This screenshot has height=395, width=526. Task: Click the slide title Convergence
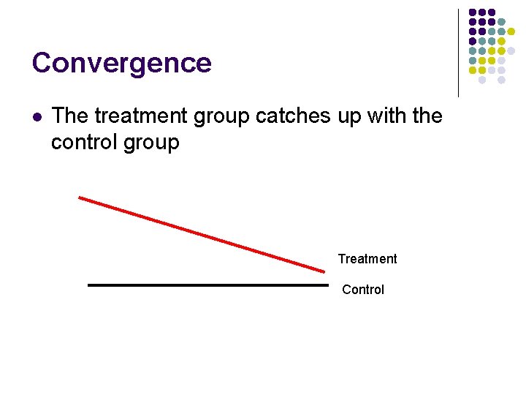click(x=121, y=63)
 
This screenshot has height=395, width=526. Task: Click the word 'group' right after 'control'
click(x=151, y=143)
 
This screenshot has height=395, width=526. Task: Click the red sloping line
click(x=201, y=234)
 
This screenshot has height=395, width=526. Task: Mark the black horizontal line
click(x=208, y=285)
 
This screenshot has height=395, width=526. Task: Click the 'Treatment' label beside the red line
click(x=367, y=259)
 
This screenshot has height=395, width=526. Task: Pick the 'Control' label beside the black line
click(x=363, y=290)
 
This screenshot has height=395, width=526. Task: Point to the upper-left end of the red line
click(x=80, y=197)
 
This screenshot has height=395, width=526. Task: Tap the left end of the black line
click(x=89, y=285)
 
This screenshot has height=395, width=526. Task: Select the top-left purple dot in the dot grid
click(x=473, y=13)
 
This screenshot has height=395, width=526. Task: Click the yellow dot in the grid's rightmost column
click(x=511, y=32)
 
